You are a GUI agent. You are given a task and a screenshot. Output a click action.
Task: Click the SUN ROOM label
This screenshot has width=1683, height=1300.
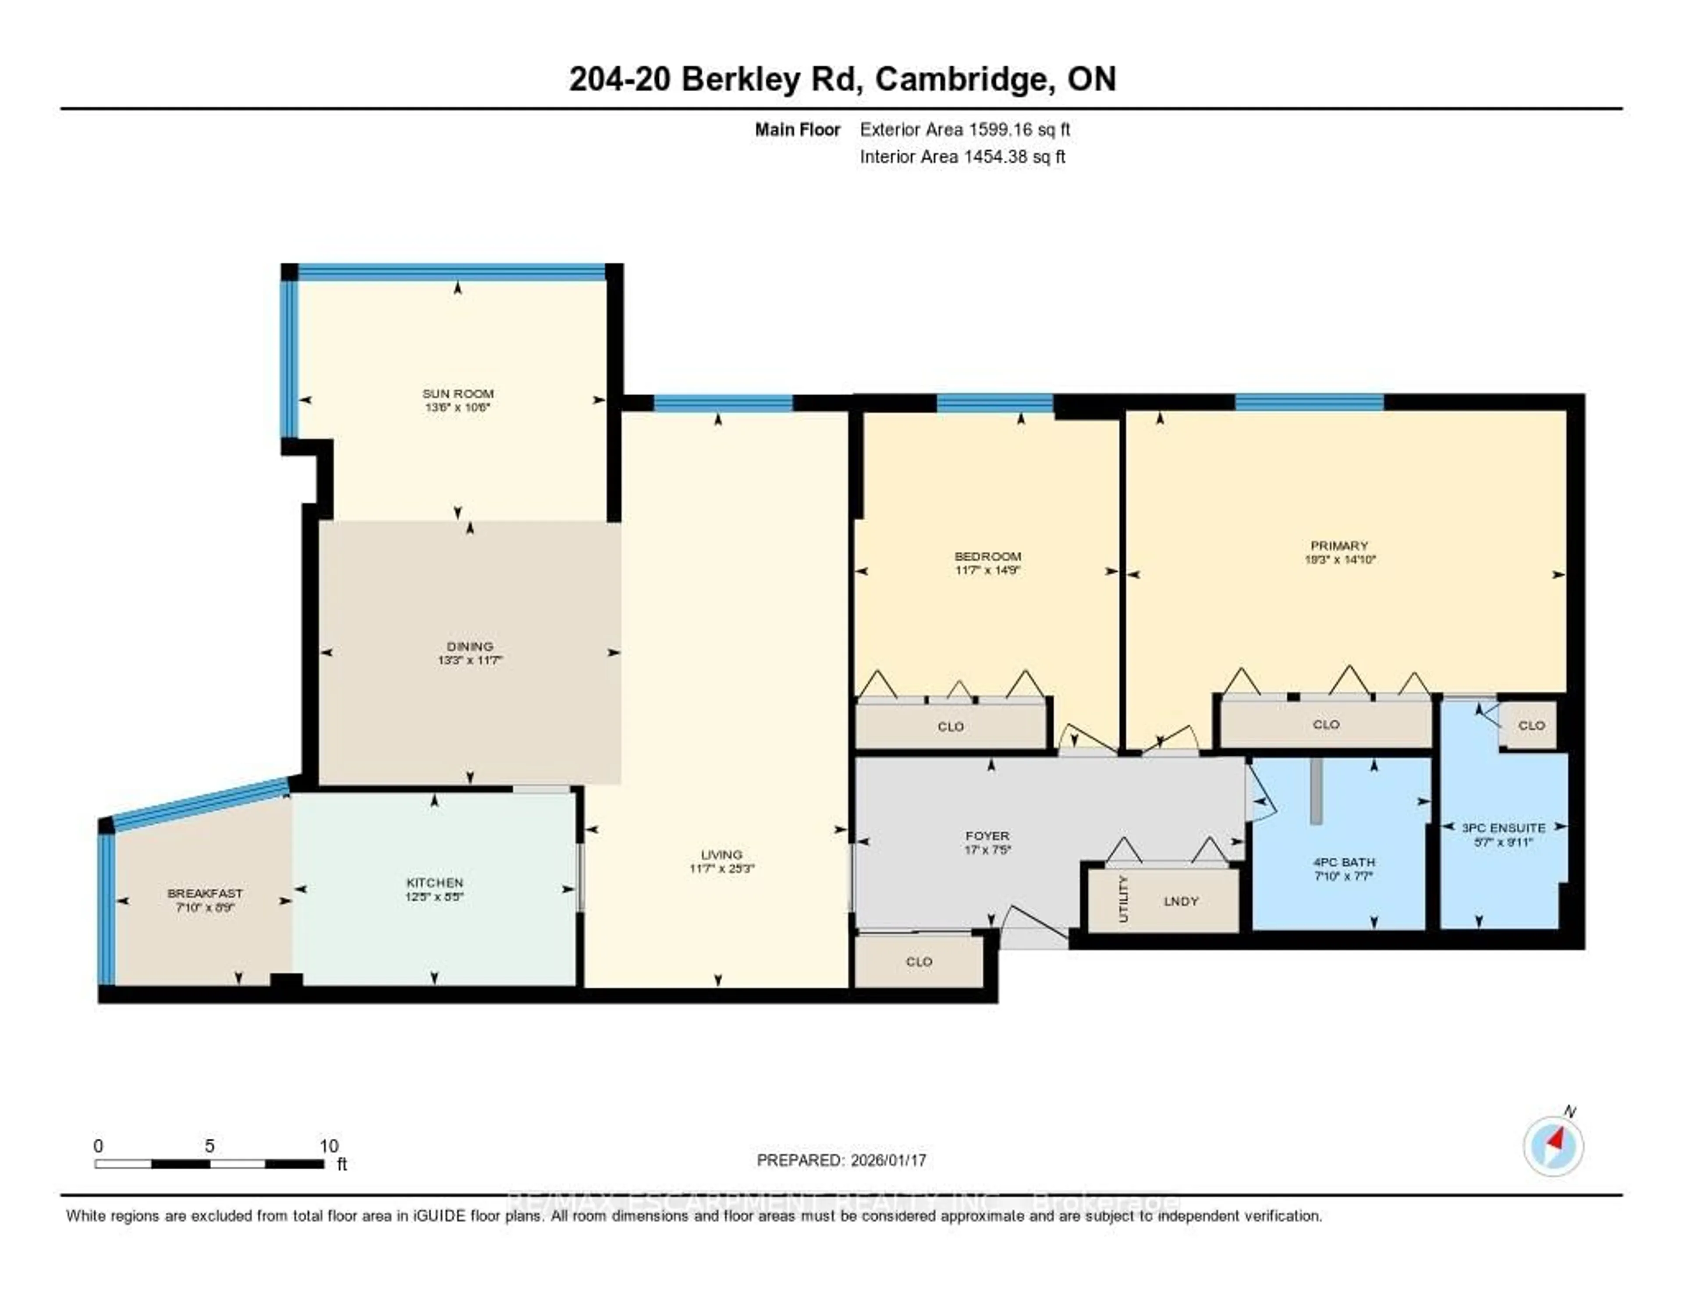(458, 394)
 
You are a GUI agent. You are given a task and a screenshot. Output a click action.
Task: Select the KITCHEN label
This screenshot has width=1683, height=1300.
(435, 882)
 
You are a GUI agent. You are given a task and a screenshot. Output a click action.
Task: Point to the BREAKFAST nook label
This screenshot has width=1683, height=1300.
(205, 893)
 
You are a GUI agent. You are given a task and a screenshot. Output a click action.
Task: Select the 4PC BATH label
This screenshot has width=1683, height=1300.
(1344, 862)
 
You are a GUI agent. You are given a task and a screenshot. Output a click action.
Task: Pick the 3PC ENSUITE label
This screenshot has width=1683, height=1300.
(1503, 828)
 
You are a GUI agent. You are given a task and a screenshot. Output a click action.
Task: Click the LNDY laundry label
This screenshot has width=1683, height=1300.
(1181, 901)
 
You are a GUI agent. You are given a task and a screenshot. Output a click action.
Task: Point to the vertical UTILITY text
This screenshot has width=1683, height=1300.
(1123, 899)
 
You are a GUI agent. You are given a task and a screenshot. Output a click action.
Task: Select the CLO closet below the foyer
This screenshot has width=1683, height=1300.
(919, 962)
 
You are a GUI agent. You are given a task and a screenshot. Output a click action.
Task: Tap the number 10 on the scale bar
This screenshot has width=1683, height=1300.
(329, 1146)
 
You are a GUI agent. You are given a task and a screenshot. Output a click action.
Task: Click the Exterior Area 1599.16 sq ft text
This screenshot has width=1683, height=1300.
(965, 129)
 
